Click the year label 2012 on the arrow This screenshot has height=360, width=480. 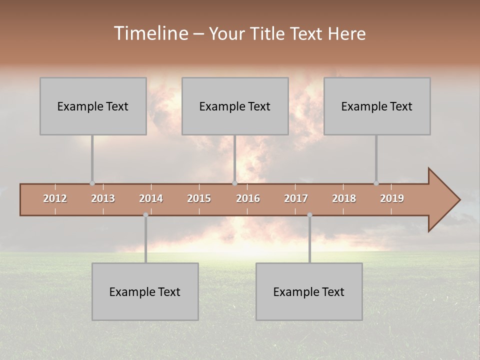point(55,198)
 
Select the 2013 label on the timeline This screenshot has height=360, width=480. point(103,198)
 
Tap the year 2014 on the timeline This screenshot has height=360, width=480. point(151,198)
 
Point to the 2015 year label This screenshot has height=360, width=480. point(199,198)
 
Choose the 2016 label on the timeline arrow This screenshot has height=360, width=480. point(248,198)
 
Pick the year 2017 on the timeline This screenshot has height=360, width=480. point(296,198)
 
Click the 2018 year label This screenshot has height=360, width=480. point(344,198)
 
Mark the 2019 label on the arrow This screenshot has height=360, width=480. point(392,198)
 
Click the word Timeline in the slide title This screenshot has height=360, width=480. point(150,33)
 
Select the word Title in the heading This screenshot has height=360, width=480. point(268,34)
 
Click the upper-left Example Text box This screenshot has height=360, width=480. point(93,106)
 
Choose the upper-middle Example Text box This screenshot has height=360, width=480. point(235,106)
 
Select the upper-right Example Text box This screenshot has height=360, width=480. point(377,106)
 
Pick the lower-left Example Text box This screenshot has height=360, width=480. point(145,291)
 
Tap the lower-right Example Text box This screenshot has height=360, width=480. point(309,291)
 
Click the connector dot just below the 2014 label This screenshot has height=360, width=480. point(145,215)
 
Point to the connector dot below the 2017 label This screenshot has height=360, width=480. point(309,215)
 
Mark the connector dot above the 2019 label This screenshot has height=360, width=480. point(376,183)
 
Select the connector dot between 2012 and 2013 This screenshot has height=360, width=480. point(92,183)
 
